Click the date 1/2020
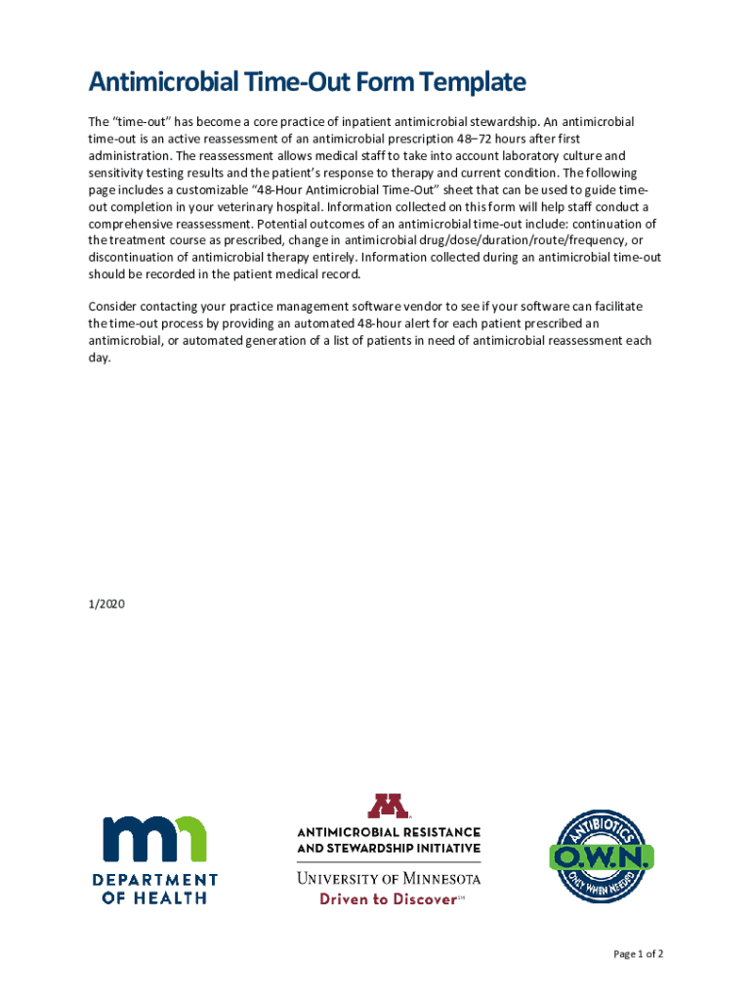[105, 604]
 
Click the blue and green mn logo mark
[155, 838]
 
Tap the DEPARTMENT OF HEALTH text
[155, 889]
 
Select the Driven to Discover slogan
[388, 899]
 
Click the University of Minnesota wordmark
[389, 878]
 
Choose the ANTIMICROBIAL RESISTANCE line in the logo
[389, 831]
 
